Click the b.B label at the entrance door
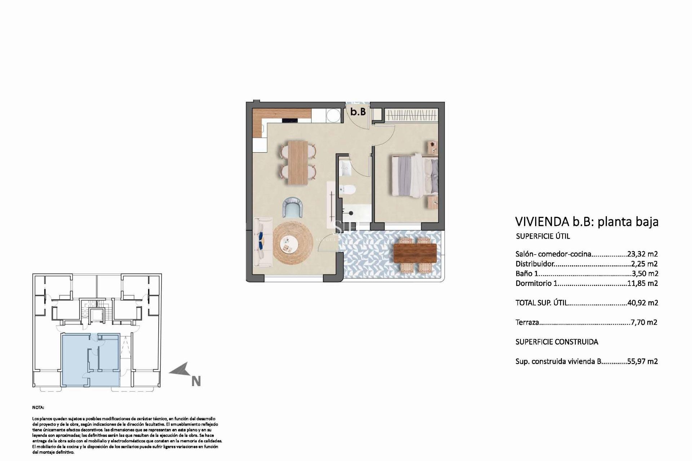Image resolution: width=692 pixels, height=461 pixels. pos(358,112)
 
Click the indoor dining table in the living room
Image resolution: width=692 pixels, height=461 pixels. pos(298,162)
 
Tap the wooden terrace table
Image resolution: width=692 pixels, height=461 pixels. pos(415,253)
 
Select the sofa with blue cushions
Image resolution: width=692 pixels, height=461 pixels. pos(263,242)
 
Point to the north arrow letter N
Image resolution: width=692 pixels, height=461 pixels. pos(196,381)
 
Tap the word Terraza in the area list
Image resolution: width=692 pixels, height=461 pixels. pos(527,322)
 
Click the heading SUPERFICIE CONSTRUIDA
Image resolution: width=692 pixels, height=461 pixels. pos(556,342)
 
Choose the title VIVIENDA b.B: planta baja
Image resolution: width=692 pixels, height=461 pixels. pos(587,221)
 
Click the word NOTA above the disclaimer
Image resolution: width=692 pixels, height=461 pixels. pos(38,407)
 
